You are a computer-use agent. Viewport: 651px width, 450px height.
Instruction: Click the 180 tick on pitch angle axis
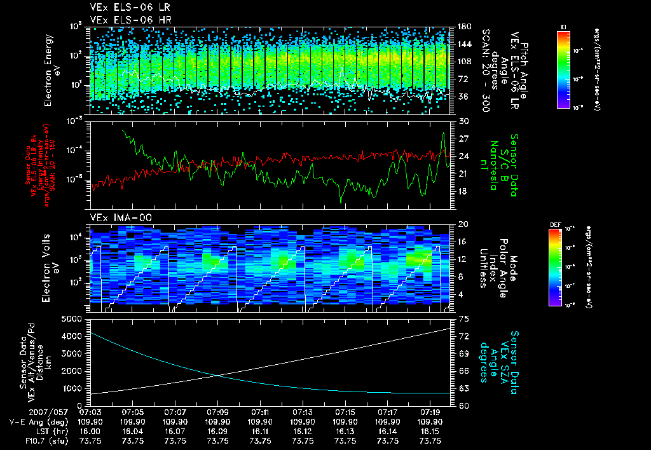point(463,27)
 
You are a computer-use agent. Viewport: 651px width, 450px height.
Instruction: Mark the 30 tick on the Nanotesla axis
point(462,121)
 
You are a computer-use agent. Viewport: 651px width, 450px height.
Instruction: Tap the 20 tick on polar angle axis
point(462,224)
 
